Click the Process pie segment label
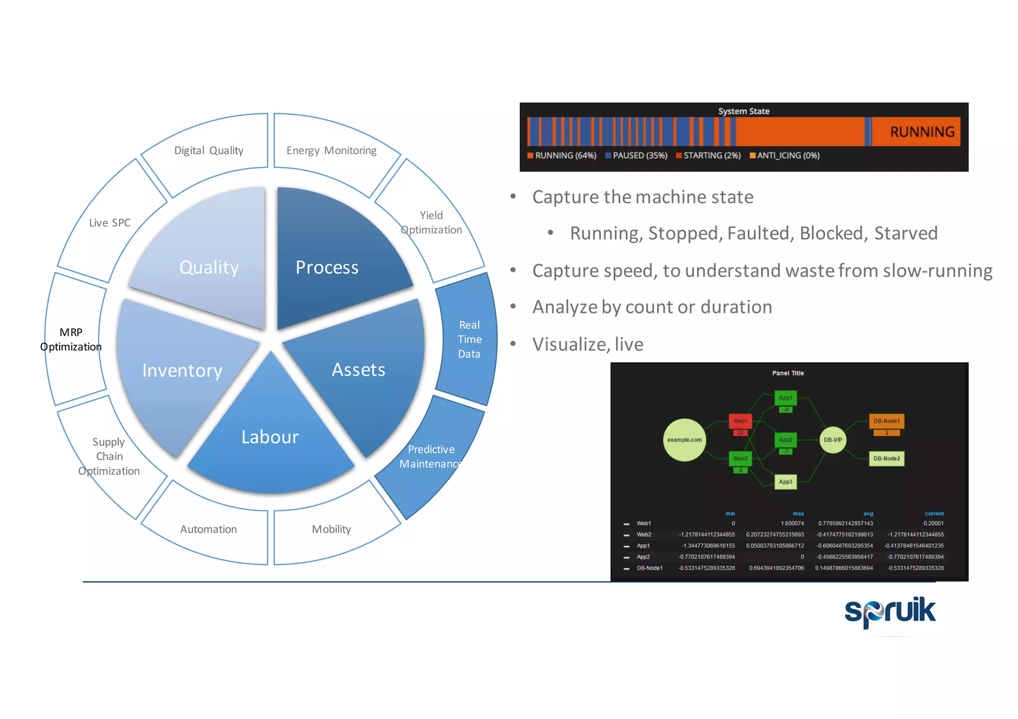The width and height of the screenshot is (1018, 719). tap(327, 268)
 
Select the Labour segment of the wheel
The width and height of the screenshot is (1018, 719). tap(270, 437)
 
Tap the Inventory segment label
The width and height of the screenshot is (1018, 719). tap(182, 371)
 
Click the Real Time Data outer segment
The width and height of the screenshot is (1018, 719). tap(469, 339)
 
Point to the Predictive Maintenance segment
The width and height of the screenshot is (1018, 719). tap(430, 456)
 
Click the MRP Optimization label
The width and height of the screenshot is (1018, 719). tap(71, 339)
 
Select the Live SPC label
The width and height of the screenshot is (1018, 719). tap(109, 223)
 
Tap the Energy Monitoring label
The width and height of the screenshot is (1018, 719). tap(331, 151)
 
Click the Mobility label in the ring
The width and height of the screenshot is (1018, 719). tap(331, 529)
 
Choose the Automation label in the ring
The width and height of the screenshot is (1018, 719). tap(208, 529)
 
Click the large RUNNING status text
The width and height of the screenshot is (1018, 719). tap(922, 132)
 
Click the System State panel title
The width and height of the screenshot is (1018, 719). tap(744, 111)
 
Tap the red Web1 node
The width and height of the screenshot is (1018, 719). tap(740, 421)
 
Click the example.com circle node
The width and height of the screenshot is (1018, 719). tap(684, 440)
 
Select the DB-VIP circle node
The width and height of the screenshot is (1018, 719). tap(833, 440)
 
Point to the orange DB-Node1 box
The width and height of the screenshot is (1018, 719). tap(886, 421)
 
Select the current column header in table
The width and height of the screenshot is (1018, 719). tap(933, 514)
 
